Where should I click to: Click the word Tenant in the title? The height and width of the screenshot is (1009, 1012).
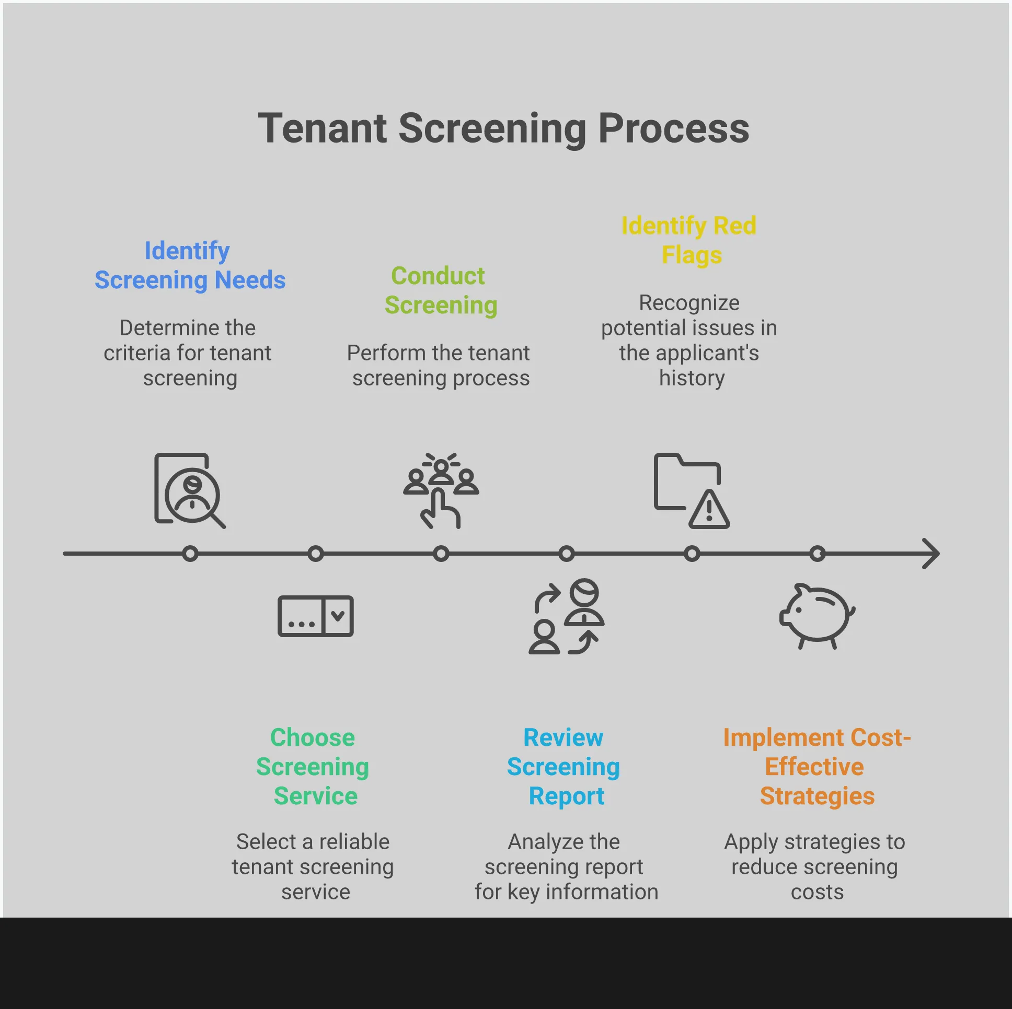321,129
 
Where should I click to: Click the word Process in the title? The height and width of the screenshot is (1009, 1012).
674,129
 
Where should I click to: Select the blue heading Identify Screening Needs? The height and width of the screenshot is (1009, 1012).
190,265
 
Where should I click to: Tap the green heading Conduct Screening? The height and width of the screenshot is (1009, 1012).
440,290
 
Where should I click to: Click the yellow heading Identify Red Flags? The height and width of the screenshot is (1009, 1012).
689,240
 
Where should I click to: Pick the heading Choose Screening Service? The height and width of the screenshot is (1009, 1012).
313,766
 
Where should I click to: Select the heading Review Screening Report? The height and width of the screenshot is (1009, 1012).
563,766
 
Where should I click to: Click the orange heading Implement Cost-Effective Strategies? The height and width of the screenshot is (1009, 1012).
816,766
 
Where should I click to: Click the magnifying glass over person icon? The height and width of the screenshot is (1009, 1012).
190,490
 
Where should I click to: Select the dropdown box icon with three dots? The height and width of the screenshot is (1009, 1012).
315,616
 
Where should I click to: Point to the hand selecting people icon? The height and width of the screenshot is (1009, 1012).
441,490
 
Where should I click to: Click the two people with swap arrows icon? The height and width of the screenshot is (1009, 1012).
566,616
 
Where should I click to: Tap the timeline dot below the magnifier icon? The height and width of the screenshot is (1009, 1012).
190,553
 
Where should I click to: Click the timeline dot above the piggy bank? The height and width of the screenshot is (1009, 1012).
817,553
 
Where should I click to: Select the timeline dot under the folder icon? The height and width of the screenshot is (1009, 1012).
692,553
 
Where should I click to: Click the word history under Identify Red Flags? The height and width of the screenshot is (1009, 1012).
692,378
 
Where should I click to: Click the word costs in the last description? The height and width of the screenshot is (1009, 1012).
816,892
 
